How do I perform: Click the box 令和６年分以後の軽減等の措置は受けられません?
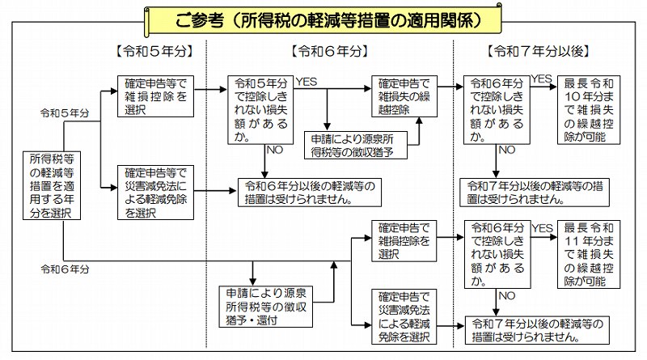pyautogui.click(x=304, y=192)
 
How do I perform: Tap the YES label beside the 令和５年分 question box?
pyautogui.click(x=307, y=82)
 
